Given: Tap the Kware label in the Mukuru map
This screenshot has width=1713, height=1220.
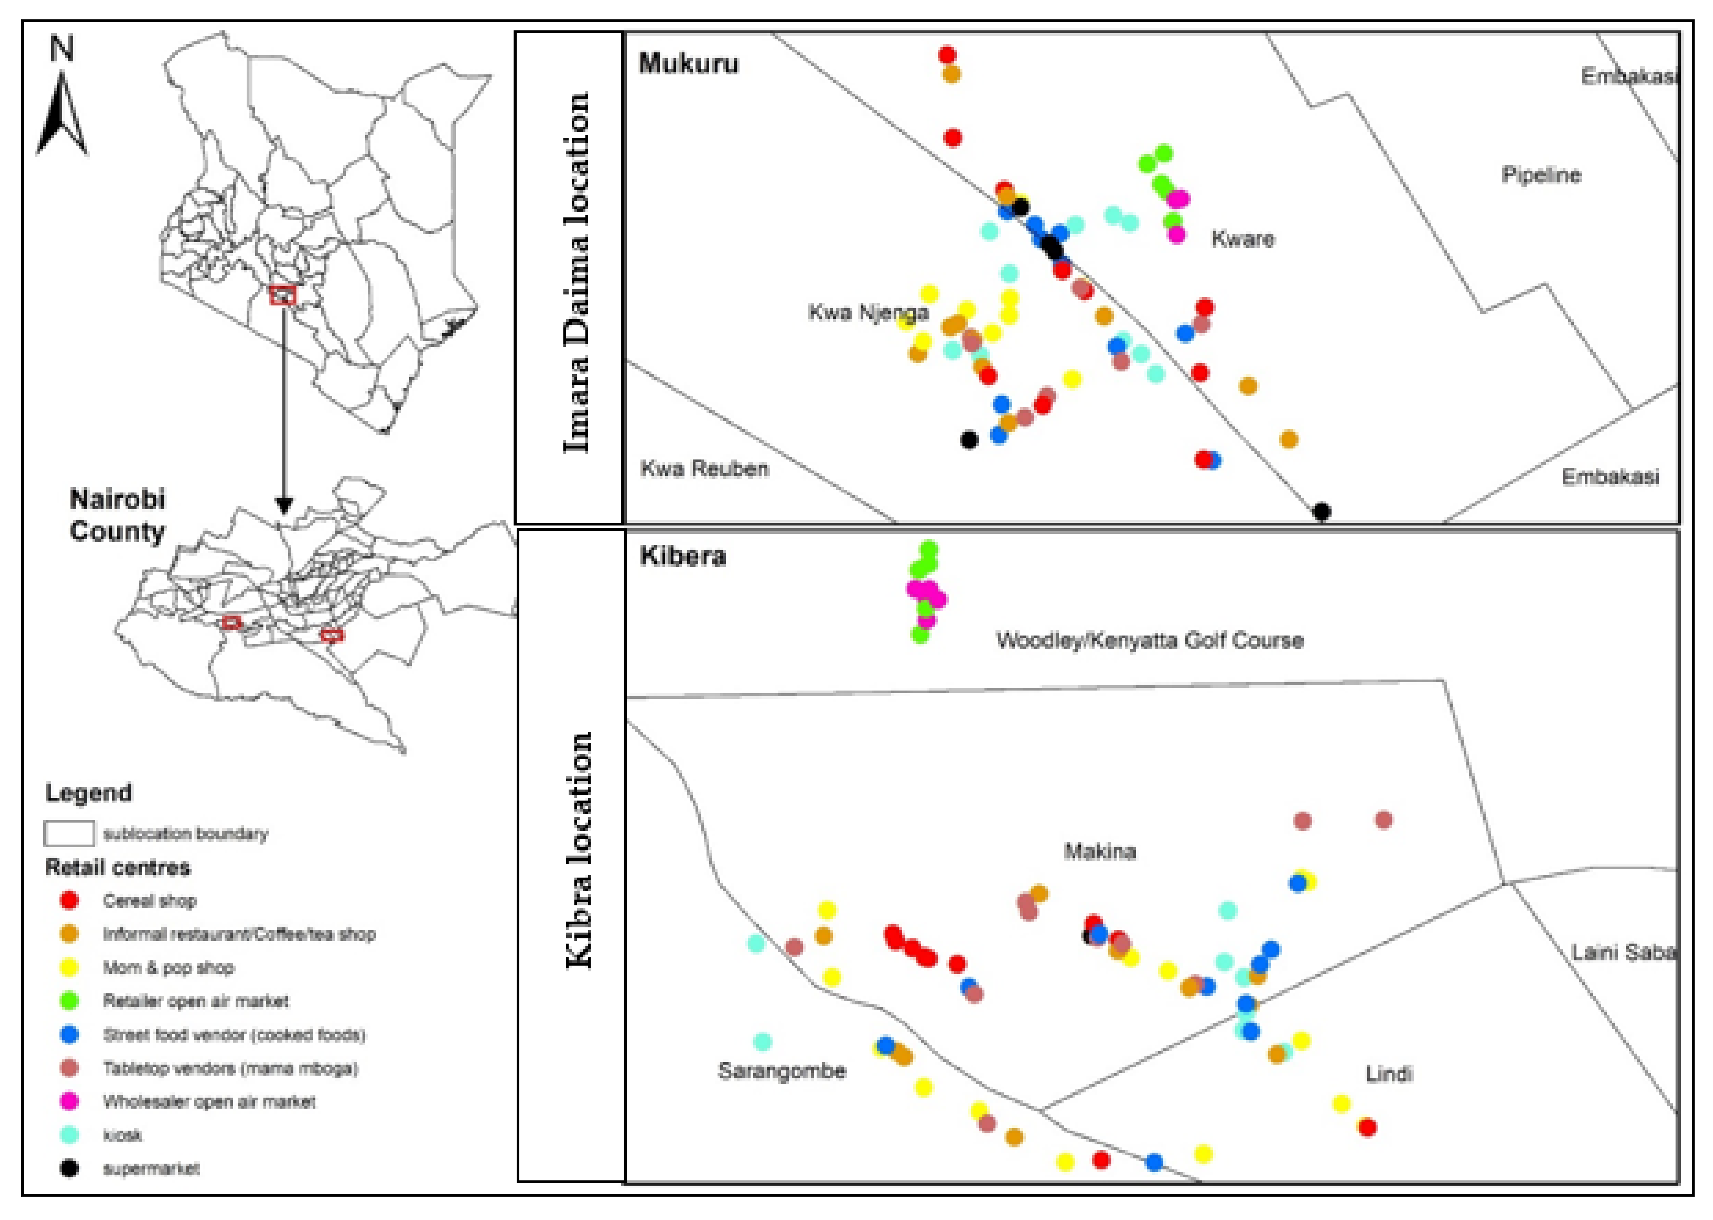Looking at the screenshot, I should pos(1243,239).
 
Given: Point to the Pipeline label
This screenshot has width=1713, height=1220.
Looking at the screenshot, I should pos(1541,175).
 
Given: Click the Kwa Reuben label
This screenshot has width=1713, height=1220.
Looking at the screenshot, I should pos(704,469).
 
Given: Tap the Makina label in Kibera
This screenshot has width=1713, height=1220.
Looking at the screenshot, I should pos(1100,851).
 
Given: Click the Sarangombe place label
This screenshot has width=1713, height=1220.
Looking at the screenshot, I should pos(782,1070).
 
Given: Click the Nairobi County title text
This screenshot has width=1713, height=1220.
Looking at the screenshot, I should pos(117,515).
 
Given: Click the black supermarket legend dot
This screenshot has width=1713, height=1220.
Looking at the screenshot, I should pos(69,1168).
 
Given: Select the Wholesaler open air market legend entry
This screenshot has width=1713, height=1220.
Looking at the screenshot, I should pos(209,1101).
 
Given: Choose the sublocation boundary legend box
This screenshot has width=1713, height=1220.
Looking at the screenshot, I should pos(69,833).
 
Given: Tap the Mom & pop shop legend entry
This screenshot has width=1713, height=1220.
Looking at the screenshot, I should pos(168,967).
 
